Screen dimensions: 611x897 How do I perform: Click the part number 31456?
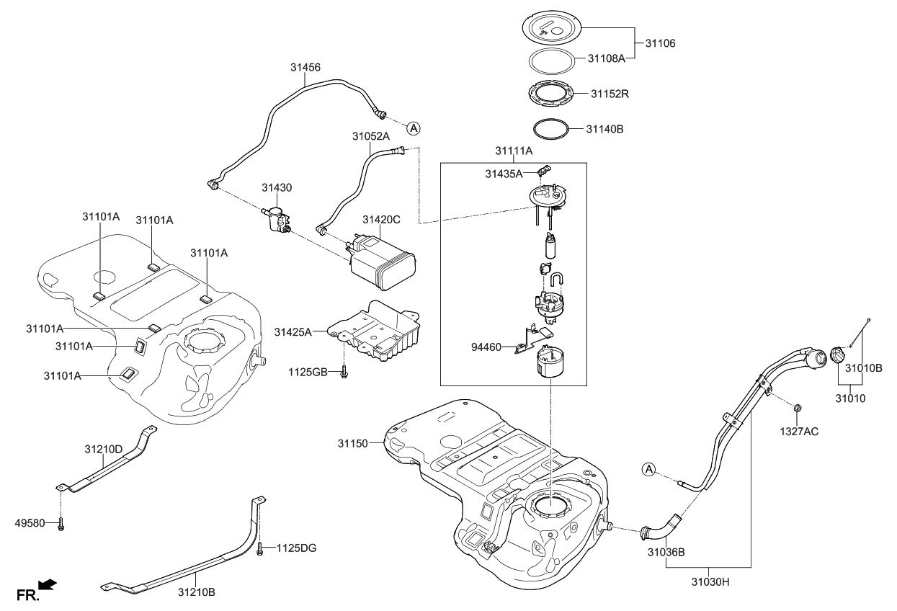(x=305, y=67)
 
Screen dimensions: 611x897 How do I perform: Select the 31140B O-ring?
(x=551, y=130)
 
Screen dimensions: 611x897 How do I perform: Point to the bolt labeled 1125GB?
(x=347, y=371)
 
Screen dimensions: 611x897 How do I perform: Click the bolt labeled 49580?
(x=61, y=523)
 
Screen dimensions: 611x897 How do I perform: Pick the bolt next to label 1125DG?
(x=259, y=549)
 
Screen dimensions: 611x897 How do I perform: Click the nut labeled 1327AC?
(x=798, y=411)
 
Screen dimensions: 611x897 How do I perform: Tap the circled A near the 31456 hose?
(x=413, y=128)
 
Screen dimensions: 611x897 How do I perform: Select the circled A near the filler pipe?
(x=648, y=470)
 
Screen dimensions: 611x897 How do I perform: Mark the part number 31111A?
(x=514, y=151)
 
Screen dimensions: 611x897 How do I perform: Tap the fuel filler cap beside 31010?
(x=840, y=357)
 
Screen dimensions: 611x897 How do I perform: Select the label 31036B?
(x=666, y=553)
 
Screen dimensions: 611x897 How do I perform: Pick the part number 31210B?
(x=197, y=592)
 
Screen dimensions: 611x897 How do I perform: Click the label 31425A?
(x=293, y=332)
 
